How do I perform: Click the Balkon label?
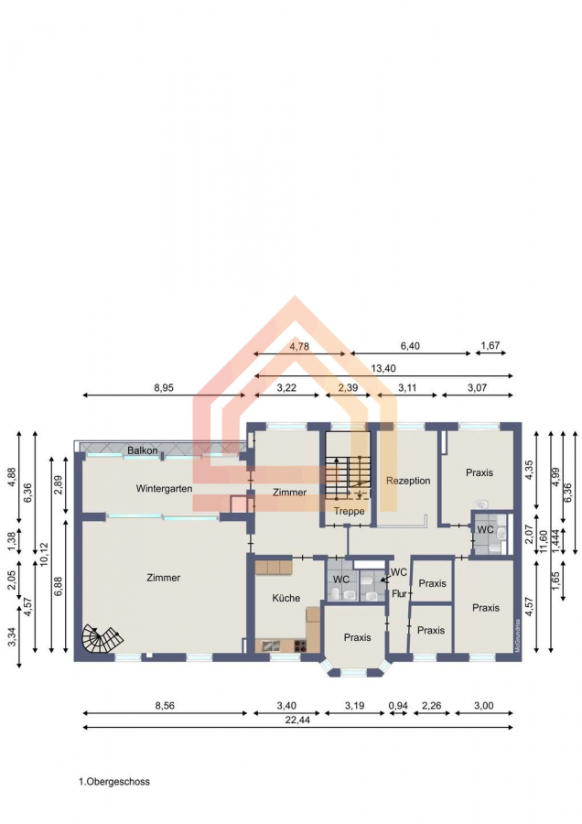tap(143, 450)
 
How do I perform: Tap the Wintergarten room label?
tap(164, 488)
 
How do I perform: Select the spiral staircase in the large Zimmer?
tap(102, 638)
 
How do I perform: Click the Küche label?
tap(286, 598)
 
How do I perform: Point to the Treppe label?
tap(349, 511)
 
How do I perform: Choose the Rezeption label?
tap(408, 481)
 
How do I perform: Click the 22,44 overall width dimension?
tap(297, 720)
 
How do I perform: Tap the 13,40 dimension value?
tap(383, 368)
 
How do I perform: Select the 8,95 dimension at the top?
tap(164, 388)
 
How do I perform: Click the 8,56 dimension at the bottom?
tap(165, 706)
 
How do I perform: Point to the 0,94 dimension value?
tap(398, 706)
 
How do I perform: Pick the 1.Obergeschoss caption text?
tap(114, 782)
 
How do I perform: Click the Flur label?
tap(399, 594)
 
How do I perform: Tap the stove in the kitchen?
tap(300, 645)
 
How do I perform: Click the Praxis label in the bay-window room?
tap(357, 637)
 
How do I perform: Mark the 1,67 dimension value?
tap(490, 345)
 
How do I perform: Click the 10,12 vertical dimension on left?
tap(44, 554)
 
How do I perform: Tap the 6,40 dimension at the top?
tap(410, 346)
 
